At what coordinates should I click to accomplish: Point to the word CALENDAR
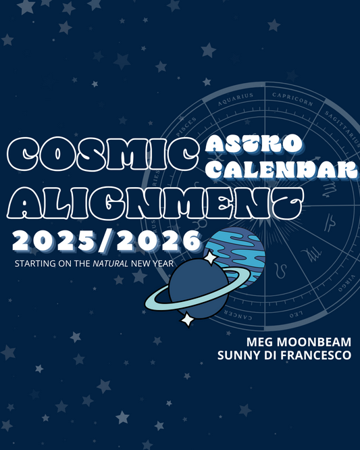pos(280,168)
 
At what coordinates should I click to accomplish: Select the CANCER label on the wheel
pos(237,318)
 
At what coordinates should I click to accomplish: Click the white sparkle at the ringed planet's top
pos(210,258)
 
